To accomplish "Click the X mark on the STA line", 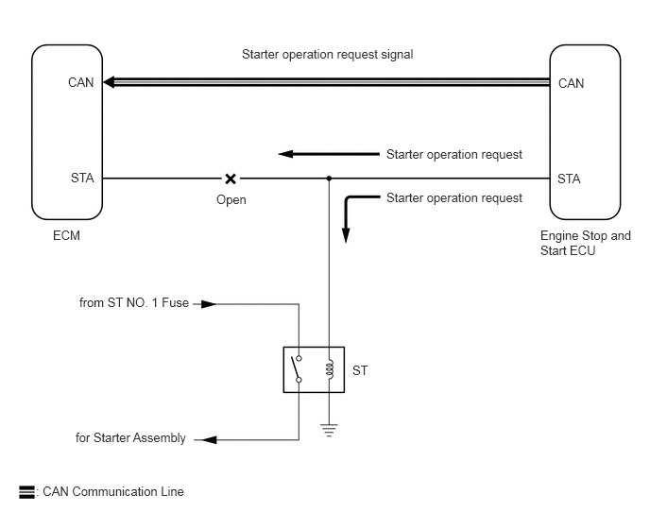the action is tap(231, 179).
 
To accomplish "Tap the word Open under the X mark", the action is tap(231, 200).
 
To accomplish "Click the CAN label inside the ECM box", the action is tap(81, 82).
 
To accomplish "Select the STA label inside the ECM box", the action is tap(82, 178).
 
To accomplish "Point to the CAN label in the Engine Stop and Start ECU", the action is tap(571, 83).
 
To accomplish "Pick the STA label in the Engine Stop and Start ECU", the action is tap(569, 179).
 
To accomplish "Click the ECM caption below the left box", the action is tap(66, 235).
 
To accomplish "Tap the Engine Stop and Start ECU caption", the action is tap(586, 243).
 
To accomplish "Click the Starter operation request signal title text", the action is tap(328, 54).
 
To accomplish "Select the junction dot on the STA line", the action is tap(329, 179).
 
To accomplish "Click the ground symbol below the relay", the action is tap(329, 431).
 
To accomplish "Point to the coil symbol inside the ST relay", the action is tap(330, 369).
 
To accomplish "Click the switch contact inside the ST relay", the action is tap(297, 368).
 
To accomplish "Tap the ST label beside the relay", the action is tap(360, 370).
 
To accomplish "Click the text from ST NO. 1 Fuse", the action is tap(134, 302).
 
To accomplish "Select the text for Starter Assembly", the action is tap(130, 437).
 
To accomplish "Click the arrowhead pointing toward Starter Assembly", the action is tap(210, 439).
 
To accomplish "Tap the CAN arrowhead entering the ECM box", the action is tap(109, 82).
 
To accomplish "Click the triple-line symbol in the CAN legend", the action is tap(27, 492).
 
